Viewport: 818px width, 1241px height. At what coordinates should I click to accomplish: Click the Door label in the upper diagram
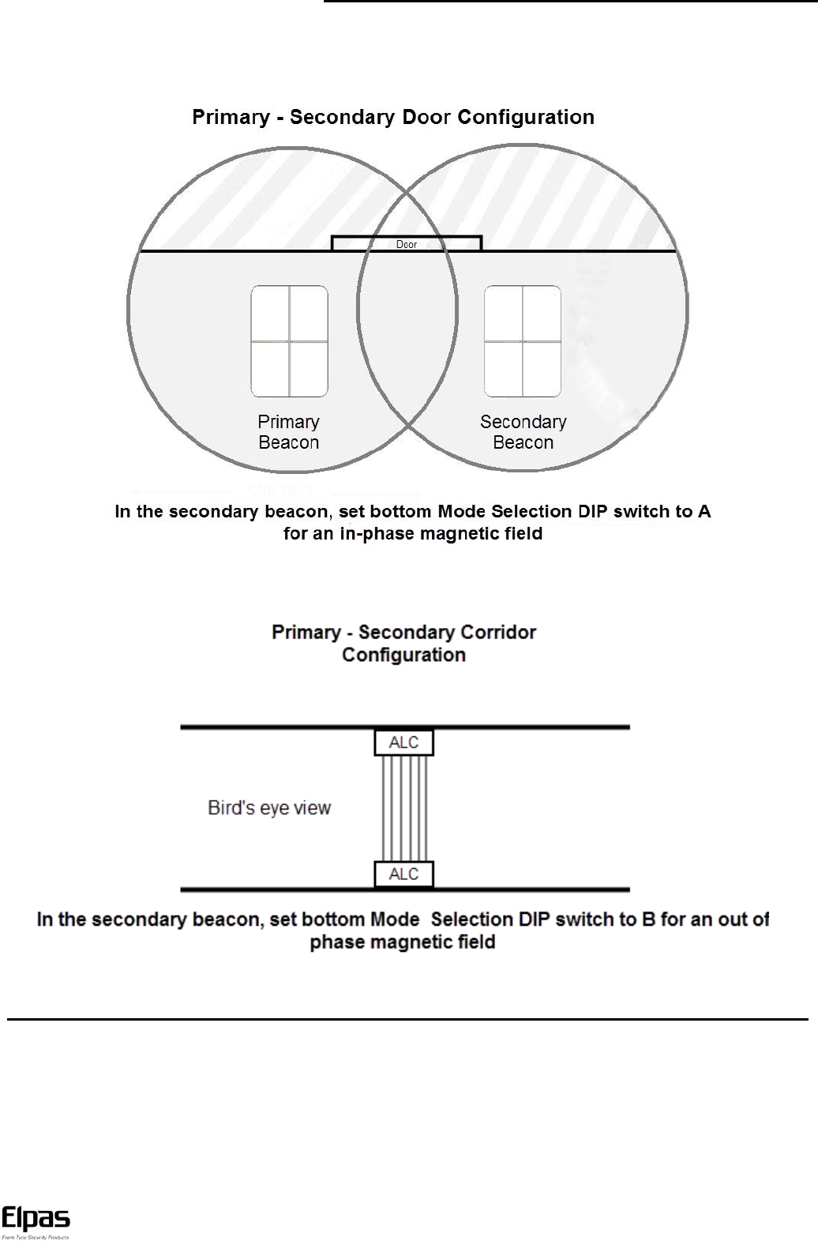click(406, 245)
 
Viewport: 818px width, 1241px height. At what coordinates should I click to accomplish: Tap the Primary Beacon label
click(289, 432)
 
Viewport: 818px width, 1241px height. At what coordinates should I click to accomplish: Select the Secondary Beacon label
click(523, 432)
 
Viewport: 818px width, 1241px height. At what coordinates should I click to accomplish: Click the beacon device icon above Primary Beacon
click(289, 341)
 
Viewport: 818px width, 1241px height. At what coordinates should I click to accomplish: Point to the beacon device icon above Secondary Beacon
click(523, 341)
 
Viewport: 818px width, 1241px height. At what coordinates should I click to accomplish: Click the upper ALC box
click(403, 743)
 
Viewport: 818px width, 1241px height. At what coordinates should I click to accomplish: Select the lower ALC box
click(403, 874)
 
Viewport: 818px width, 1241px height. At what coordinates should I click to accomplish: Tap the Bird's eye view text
click(269, 808)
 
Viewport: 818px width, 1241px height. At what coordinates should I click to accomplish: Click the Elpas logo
click(36, 1220)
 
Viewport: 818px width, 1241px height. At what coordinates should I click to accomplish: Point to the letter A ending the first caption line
click(704, 512)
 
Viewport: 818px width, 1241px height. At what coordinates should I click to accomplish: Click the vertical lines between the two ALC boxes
click(404, 808)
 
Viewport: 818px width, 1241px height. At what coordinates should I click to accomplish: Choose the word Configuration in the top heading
click(526, 118)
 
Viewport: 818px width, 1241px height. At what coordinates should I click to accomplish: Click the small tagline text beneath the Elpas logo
click(36, 1237)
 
